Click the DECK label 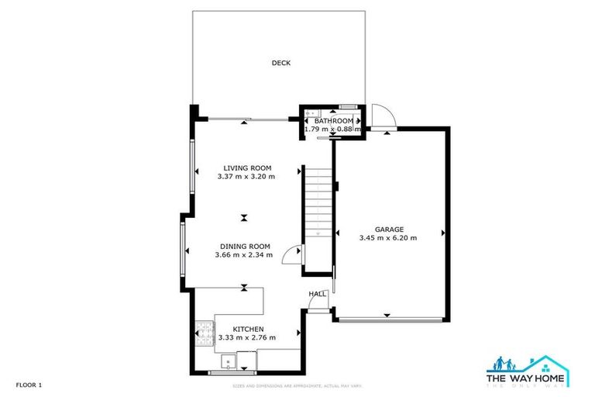[x=280, y=64]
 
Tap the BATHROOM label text [x=333, y=121]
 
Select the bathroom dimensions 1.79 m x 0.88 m [x=333, y=129]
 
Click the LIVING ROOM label [x=247, y=167]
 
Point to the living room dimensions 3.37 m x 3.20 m [x=247, y=177]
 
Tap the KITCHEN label [x=247, y=329]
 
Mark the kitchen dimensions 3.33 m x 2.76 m [x=247, y=337]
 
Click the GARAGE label [x=389, y=230]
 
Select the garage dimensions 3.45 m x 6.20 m [x=389, y=238]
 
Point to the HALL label [x=318, y=294]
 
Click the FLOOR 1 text [x=28, y=385]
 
